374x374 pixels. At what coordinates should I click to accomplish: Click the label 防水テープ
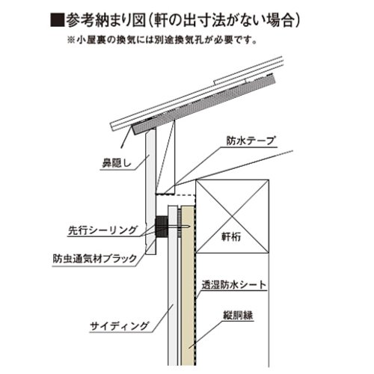[x=251, y=141]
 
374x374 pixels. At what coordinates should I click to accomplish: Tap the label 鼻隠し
[x=117, y=163]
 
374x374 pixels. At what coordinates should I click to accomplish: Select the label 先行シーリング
[x=103, y=230]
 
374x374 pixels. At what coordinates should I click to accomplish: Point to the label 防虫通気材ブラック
[x=95, y=259]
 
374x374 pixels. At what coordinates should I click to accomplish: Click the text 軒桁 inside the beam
[x=231, y=236]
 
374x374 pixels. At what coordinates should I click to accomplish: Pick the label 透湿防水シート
[x=234, y=285]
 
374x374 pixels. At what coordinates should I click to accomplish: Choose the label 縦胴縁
[x=238, y=315]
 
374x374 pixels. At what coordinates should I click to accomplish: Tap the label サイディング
[x=119, y=326]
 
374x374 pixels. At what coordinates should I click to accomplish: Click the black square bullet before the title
[x=58, y=19]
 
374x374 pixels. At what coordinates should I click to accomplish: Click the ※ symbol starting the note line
[x=71, y=40]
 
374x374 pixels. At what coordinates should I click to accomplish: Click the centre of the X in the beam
[x=233, y=216]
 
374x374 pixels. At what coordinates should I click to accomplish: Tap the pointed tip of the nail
[x=190, y=227]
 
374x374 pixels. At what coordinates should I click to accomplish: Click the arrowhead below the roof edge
[x=122, y=147]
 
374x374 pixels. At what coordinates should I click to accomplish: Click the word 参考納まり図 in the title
[x=106, y=19]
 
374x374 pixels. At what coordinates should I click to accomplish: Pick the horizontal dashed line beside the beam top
[x=175, y=195]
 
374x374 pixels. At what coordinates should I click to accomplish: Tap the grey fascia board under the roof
[x=151, y=191]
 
